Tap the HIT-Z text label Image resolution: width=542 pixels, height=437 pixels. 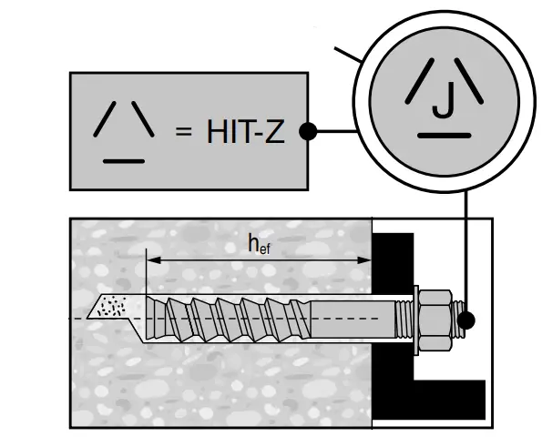[244, 132]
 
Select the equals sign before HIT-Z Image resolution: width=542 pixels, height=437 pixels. [184, 133]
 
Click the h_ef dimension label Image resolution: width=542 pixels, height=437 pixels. [259, 243]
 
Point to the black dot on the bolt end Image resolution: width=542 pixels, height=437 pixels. [467, 320]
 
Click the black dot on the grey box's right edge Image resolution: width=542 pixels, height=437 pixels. [308, 132]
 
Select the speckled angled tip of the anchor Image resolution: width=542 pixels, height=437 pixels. [110, 306]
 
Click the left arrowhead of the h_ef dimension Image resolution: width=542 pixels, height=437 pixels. [152, 259]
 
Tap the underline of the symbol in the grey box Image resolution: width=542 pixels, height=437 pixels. [124, 159]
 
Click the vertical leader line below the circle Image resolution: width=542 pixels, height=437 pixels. [466, 255]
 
